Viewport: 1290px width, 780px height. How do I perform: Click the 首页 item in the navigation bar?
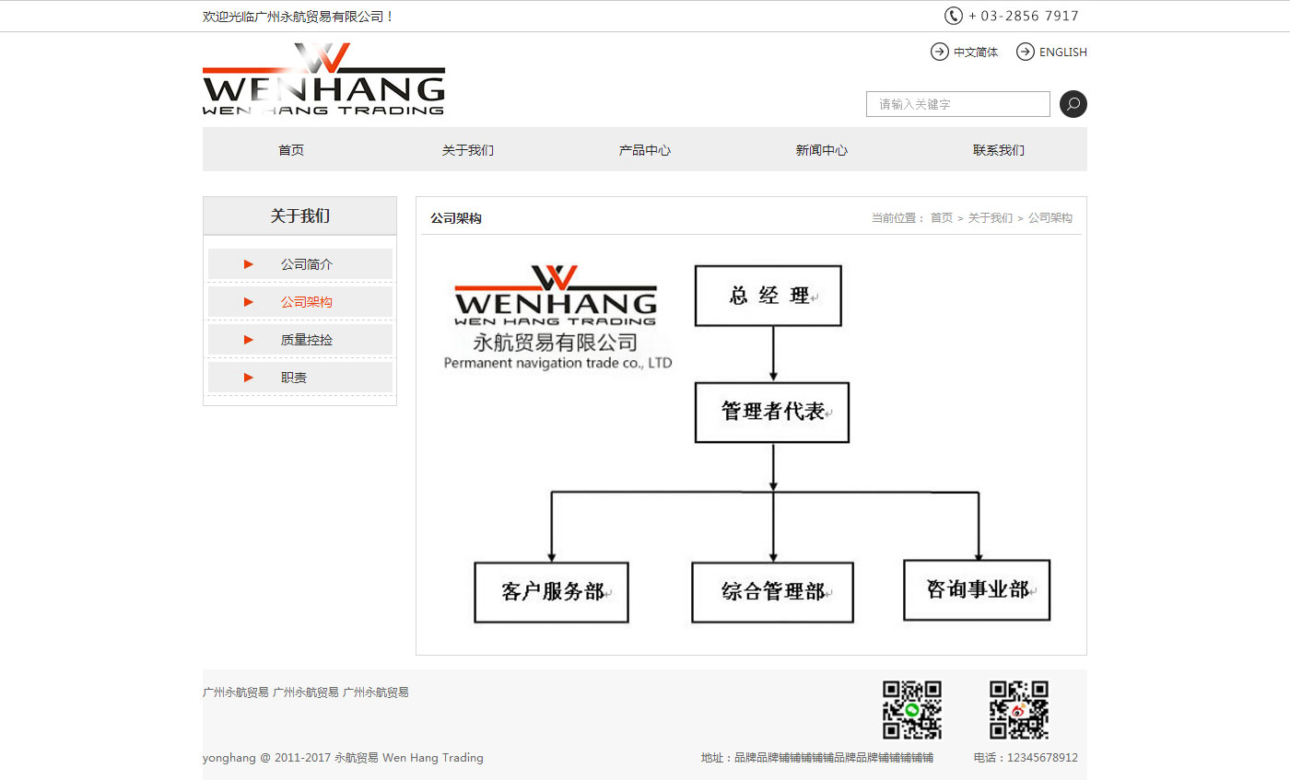[291, 150]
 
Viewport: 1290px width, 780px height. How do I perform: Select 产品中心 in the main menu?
[645, 150]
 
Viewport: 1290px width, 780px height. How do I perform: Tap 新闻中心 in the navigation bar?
[822, 150]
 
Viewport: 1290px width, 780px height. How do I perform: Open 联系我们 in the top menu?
[999, 150]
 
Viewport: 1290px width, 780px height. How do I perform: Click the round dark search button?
[1073, 104]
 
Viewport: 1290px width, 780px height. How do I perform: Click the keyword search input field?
[958, 104]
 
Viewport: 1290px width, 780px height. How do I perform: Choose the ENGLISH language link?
[1052, 52]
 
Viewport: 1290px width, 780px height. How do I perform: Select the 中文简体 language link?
[965, 52]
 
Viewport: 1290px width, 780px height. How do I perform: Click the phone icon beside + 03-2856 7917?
[953, 16]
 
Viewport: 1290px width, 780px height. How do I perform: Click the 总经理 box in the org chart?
[768, 296]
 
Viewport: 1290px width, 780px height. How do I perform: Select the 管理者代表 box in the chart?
[772, 413]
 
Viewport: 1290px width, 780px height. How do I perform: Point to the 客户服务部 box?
[551, 592]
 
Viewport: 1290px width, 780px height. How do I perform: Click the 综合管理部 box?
[772, 592]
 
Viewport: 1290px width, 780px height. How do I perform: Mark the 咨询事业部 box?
[977, 589]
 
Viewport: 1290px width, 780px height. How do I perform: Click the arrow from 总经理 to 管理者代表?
[773, 354]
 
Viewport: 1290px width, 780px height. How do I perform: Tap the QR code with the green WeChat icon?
[912, 710]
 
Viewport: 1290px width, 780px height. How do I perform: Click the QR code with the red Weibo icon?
[1019, 710]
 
